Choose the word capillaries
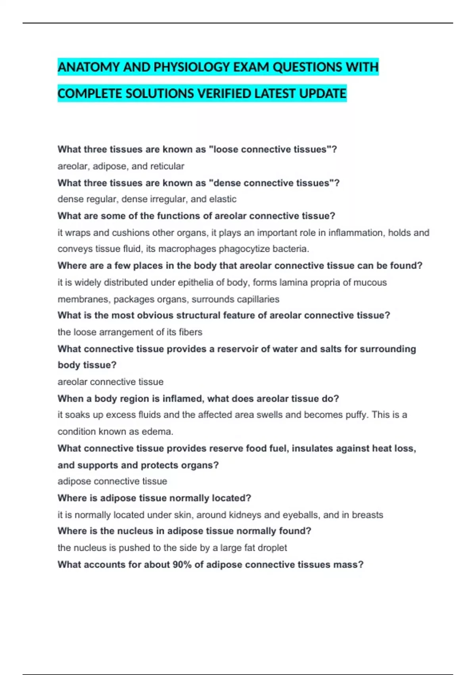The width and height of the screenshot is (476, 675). [x=256, y=299]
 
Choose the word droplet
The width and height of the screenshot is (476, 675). [x=273, y=548]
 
